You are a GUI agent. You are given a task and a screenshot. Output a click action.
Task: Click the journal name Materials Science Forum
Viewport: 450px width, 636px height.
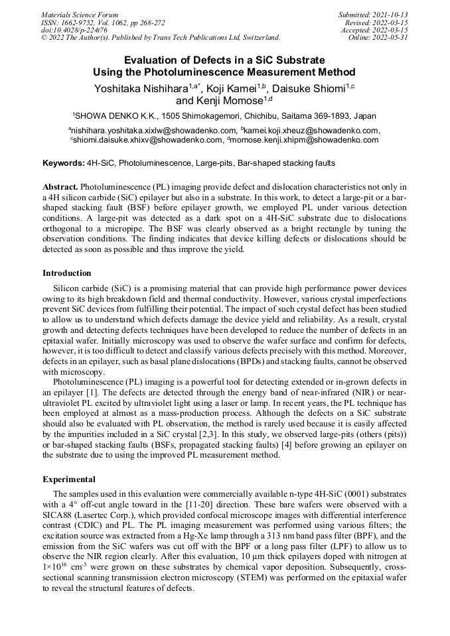coord(80,15)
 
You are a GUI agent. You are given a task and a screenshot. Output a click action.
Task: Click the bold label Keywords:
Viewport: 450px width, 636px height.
coord(64,163)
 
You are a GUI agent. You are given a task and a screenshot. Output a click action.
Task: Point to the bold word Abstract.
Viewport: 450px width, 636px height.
coord(61,188)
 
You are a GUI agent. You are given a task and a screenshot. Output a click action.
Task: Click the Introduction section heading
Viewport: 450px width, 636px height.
coord(67,273)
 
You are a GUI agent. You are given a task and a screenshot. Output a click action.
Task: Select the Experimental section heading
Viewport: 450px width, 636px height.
coord(69,479)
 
